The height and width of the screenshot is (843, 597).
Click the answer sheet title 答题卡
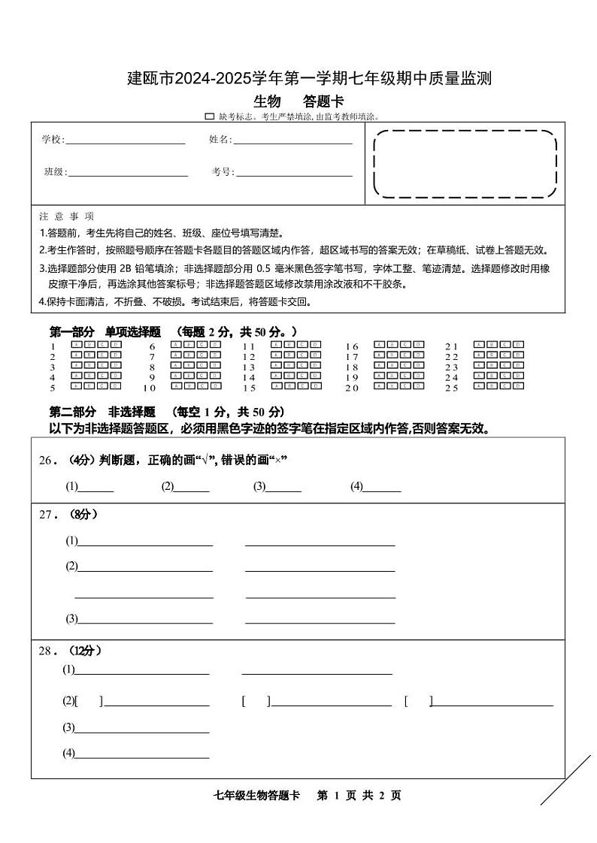[x=323, y=102]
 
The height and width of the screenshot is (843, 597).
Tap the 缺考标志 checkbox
[x=210, y=116]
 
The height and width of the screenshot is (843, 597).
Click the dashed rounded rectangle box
[x=465, y=164]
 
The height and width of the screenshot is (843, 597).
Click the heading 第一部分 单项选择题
[x=105, y=332]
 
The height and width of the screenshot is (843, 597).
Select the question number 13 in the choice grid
[x=249, y=367]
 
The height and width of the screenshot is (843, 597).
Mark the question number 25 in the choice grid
[x=451, y=388]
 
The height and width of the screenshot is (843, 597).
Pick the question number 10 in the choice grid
[x=149, y=388]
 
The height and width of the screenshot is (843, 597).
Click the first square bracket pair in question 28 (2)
[x=89, y=702]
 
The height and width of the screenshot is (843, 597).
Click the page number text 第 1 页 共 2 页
[x=359, y=796]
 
